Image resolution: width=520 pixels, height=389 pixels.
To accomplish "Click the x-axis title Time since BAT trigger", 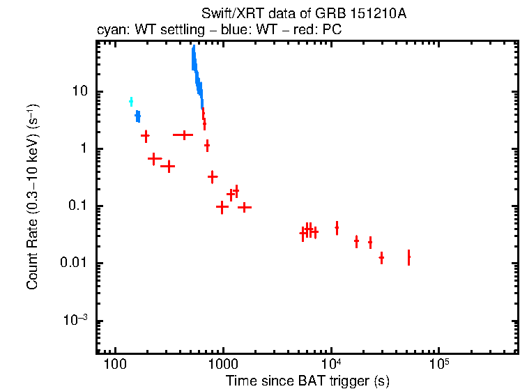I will pyautogui.click(x=307, y=381).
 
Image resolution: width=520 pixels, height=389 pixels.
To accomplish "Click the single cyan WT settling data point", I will pyautogui.click(x=131, y=102).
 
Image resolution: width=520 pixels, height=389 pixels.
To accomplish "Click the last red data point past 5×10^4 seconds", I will pyautogui.click(x=408, y=257).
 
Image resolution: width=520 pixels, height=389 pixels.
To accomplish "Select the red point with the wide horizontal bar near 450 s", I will pyautogui.click(x=183, y=135).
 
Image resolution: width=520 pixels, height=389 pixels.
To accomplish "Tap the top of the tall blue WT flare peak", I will pyautogui.click(x=192, y=49).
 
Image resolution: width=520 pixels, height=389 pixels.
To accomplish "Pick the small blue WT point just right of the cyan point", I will pyautogui.click(x=138, y=116).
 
